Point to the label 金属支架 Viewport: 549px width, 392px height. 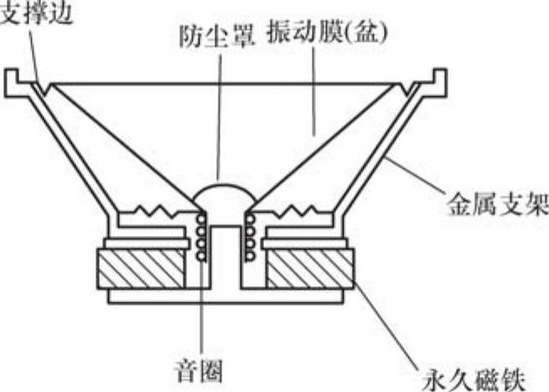(x=495, y=202)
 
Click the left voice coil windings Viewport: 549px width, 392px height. (x=201, y=236)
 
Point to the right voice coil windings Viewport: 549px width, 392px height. (x=249, y=236)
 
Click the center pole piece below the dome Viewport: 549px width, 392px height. (x=225, y=252)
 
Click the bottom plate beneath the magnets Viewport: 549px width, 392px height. (x=225, y=296)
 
